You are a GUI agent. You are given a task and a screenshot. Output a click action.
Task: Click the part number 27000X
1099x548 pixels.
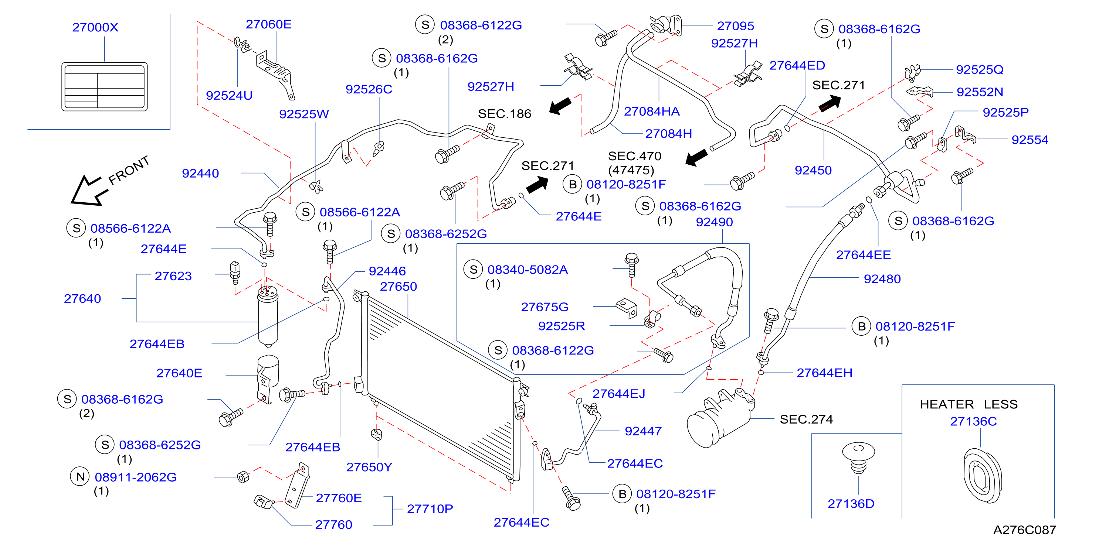(x=95, y=27)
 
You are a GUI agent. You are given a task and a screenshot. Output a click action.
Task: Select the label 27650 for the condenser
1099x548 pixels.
(x=398, y=286)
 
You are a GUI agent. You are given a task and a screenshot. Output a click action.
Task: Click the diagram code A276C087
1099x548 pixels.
(x=1025, y=530)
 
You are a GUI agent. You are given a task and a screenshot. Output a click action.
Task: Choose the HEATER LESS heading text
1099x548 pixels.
(x=969, y=404)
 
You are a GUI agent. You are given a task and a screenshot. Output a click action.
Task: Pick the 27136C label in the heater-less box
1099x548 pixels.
(x=973, y=421)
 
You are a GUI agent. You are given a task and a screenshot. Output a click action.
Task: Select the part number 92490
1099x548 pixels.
(x=714, y=222)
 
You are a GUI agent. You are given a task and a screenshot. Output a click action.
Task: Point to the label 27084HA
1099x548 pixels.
(x=651, y=111)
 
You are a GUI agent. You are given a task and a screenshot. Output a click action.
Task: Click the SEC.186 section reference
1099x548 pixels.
(x=504, y=114)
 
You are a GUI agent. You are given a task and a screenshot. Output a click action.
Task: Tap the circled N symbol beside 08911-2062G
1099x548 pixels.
(x=80, y=476)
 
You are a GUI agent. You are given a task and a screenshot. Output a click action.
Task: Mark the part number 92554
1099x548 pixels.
(x=1030, y=140)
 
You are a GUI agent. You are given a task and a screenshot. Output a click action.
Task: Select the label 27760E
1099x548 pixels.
(x=339, y=498)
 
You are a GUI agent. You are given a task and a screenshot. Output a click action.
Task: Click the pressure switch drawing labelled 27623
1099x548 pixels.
(x=235, y=273)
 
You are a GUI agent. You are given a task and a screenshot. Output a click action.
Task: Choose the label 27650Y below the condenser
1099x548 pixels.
(x=369, y=467)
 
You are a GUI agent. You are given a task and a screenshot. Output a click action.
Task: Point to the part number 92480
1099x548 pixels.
(x=882, y=279)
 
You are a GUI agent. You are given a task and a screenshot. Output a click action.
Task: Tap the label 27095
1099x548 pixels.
(x=736, y=26)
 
